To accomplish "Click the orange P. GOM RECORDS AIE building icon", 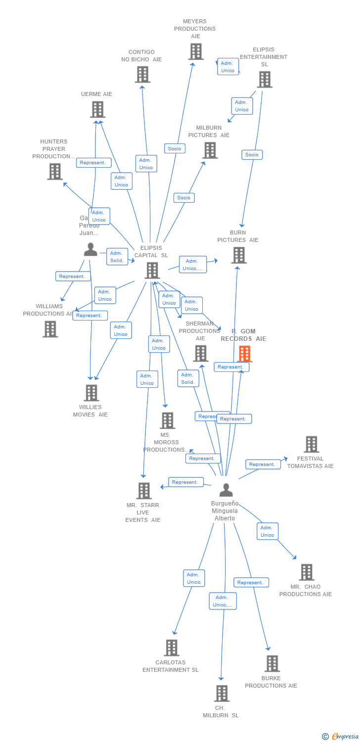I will (x=245, y=354).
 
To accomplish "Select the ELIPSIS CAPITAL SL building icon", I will (x=152, y=271).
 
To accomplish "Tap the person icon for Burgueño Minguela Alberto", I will (x=226, y=490).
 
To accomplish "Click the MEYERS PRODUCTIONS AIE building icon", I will (x=195, y=51).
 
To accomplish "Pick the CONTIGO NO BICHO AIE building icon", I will (x=142, y=75).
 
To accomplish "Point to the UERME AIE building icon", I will (x=97, y=109).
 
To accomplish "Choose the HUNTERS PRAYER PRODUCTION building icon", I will (x=54, y=172).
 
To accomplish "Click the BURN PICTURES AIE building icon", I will (x=239, y=255).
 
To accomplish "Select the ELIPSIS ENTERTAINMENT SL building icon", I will (x=265, y=80).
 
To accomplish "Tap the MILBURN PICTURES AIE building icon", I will (x=210, y=150).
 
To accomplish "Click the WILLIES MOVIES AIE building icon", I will (x=91, y=393).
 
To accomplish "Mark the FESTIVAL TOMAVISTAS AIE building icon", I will (x=311, y=444).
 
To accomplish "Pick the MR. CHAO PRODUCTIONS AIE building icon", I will (x=307, y=572).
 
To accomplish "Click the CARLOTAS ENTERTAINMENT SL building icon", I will (x=172, y=648).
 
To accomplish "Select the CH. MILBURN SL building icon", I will (x=222, y=694).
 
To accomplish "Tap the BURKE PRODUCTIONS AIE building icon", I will (x=272, y=664).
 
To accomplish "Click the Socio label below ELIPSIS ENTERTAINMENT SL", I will (x=252, y=155).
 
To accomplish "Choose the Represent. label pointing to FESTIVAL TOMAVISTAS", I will (x=262, y=464).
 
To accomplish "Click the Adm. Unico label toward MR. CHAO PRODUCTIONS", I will (x=268, y=531).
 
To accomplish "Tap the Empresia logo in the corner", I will (x=341, y=737).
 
